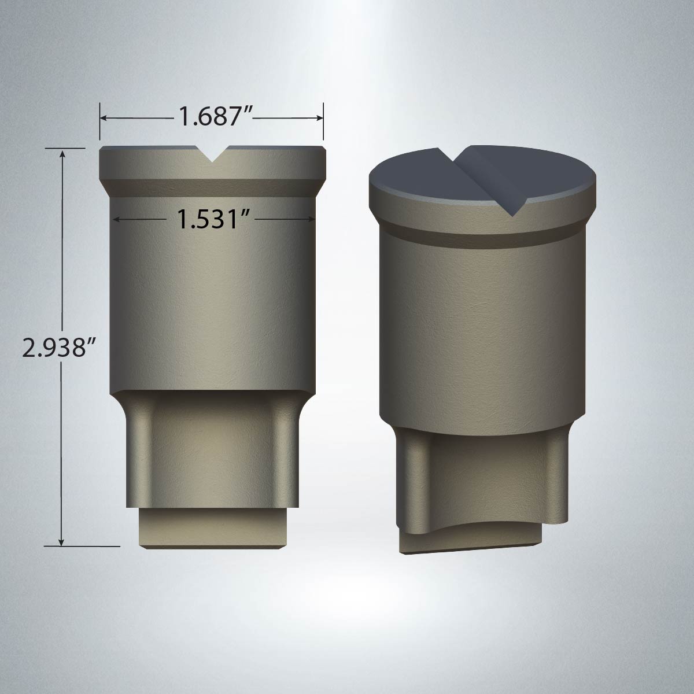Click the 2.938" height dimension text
58,348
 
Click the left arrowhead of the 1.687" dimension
104,118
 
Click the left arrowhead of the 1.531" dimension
117,219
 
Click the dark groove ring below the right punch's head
480,238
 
